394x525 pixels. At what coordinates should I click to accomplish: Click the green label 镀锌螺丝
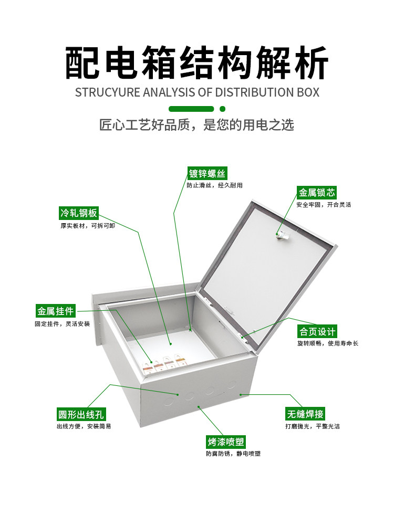208,174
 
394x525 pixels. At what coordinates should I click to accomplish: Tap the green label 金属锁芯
317,193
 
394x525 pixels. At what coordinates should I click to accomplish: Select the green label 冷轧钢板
78,213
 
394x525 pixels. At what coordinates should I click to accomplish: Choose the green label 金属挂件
55,311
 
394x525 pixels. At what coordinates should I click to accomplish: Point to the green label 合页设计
317,332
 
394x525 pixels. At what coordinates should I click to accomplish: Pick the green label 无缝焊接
305,413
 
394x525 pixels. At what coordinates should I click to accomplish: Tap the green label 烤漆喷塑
226,442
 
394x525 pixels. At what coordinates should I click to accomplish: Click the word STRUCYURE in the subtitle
108,92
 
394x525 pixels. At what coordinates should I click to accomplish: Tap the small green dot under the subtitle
222,109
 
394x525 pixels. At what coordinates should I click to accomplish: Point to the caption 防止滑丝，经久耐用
214,185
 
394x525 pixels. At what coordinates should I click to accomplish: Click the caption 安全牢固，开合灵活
324,204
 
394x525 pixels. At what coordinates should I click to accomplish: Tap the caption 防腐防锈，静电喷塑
233,453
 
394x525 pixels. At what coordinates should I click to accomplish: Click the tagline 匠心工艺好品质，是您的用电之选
196,125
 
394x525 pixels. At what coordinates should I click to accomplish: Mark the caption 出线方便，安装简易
84,426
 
